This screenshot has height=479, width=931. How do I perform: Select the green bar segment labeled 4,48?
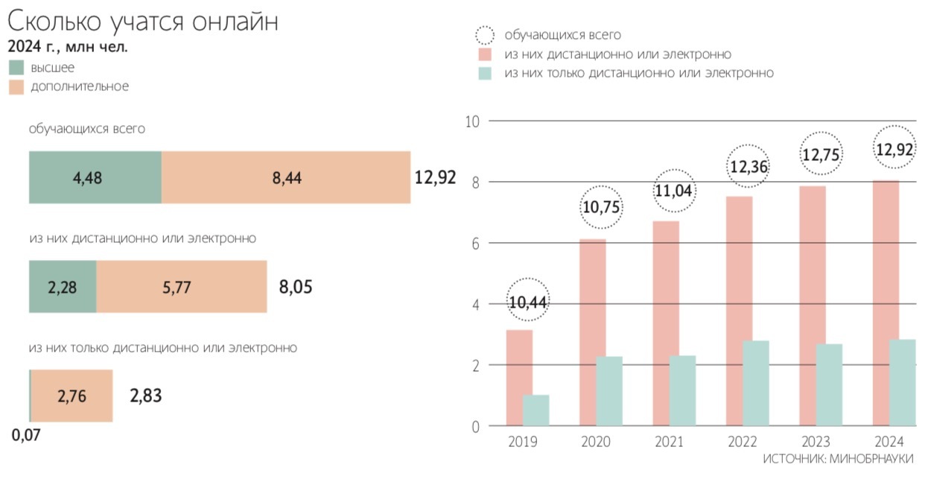pos(95,177)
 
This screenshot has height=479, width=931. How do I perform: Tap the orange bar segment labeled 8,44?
pos(286,177)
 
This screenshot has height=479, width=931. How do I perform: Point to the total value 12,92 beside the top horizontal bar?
pos(435,177)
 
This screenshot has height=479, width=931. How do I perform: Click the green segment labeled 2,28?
pos(63,287)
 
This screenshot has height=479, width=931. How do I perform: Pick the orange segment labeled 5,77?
pos(182,287)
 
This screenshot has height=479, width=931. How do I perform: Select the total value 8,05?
pos(296,287)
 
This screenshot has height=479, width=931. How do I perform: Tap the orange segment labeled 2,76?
pos(72,396)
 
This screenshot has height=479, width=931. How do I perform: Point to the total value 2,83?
pos(145,396)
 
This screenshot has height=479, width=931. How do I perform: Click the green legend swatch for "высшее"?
pos(16,68)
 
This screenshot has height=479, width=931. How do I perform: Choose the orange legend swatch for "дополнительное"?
pos(16,86)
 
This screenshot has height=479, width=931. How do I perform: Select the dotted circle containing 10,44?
pos(528,302)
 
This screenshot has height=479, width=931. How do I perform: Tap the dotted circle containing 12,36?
pos(749,167)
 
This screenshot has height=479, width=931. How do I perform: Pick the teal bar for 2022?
pos(757,383)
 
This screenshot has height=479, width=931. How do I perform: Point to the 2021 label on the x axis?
pos(669,442)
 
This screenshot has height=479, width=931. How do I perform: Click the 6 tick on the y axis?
pos(472,244)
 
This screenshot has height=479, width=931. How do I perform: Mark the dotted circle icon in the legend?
pos(485,35)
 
